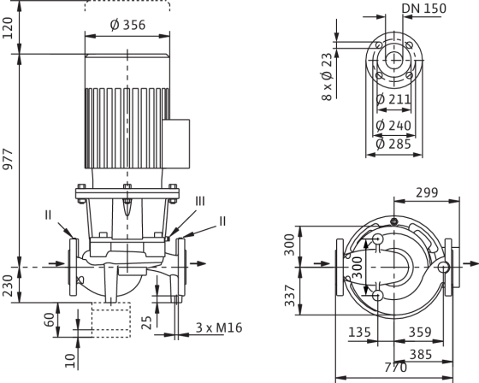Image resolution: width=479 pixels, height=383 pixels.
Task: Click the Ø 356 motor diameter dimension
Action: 127,25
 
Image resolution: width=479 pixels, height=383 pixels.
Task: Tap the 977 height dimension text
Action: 8,159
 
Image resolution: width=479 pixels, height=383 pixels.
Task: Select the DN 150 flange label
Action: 424,9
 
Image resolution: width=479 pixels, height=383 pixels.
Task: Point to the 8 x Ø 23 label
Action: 326,77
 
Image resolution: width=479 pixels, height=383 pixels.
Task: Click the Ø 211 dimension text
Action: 393,99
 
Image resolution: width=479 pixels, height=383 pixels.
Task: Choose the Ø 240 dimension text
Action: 393,125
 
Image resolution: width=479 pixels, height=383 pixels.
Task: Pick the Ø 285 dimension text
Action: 393,144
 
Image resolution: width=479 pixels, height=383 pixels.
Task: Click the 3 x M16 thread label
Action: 219,327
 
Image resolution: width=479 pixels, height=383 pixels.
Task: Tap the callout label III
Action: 200,201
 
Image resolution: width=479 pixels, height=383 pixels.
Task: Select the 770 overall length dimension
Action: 395,368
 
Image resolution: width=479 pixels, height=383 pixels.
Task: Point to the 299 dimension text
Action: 427,192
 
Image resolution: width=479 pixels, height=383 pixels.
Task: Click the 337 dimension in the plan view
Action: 290,296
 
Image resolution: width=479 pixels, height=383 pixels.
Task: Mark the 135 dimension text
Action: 359,333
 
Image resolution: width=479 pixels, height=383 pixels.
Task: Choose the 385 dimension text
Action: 421,355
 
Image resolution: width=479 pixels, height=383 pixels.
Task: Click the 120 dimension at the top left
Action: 8,28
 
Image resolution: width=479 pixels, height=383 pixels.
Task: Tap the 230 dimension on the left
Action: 8,286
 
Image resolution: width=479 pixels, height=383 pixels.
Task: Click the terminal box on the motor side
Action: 176,144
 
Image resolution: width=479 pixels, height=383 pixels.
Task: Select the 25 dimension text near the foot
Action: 147,322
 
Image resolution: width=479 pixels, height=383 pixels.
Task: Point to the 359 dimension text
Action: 420,333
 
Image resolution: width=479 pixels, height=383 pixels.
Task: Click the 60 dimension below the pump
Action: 50,320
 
